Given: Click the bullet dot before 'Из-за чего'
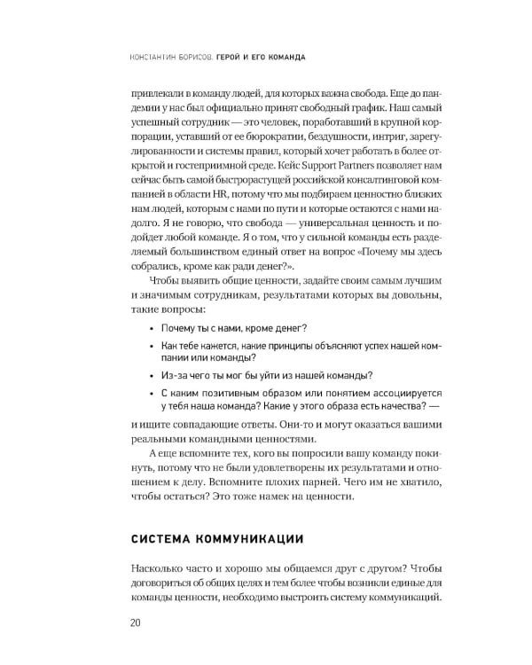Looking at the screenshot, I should coord(152,374).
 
